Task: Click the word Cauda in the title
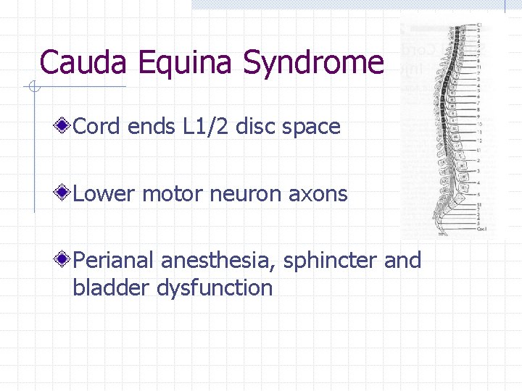tap(83, 62)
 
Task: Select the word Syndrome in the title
tap(313, 63)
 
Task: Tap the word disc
tap(257, 127)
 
